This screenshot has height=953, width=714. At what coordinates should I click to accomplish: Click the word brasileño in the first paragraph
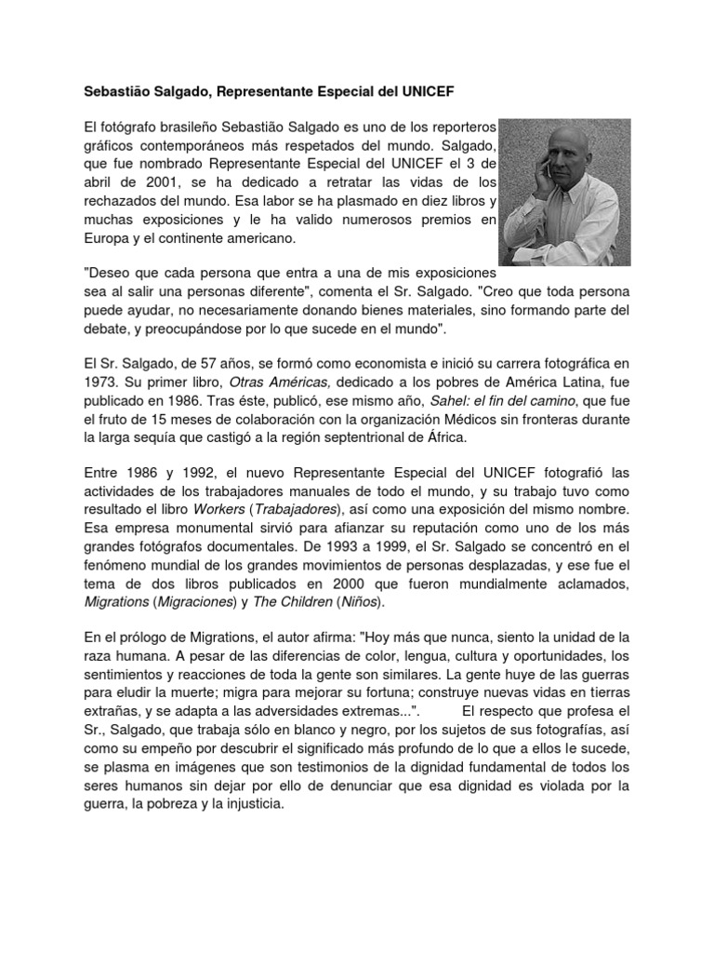click(x=181, y=125)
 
